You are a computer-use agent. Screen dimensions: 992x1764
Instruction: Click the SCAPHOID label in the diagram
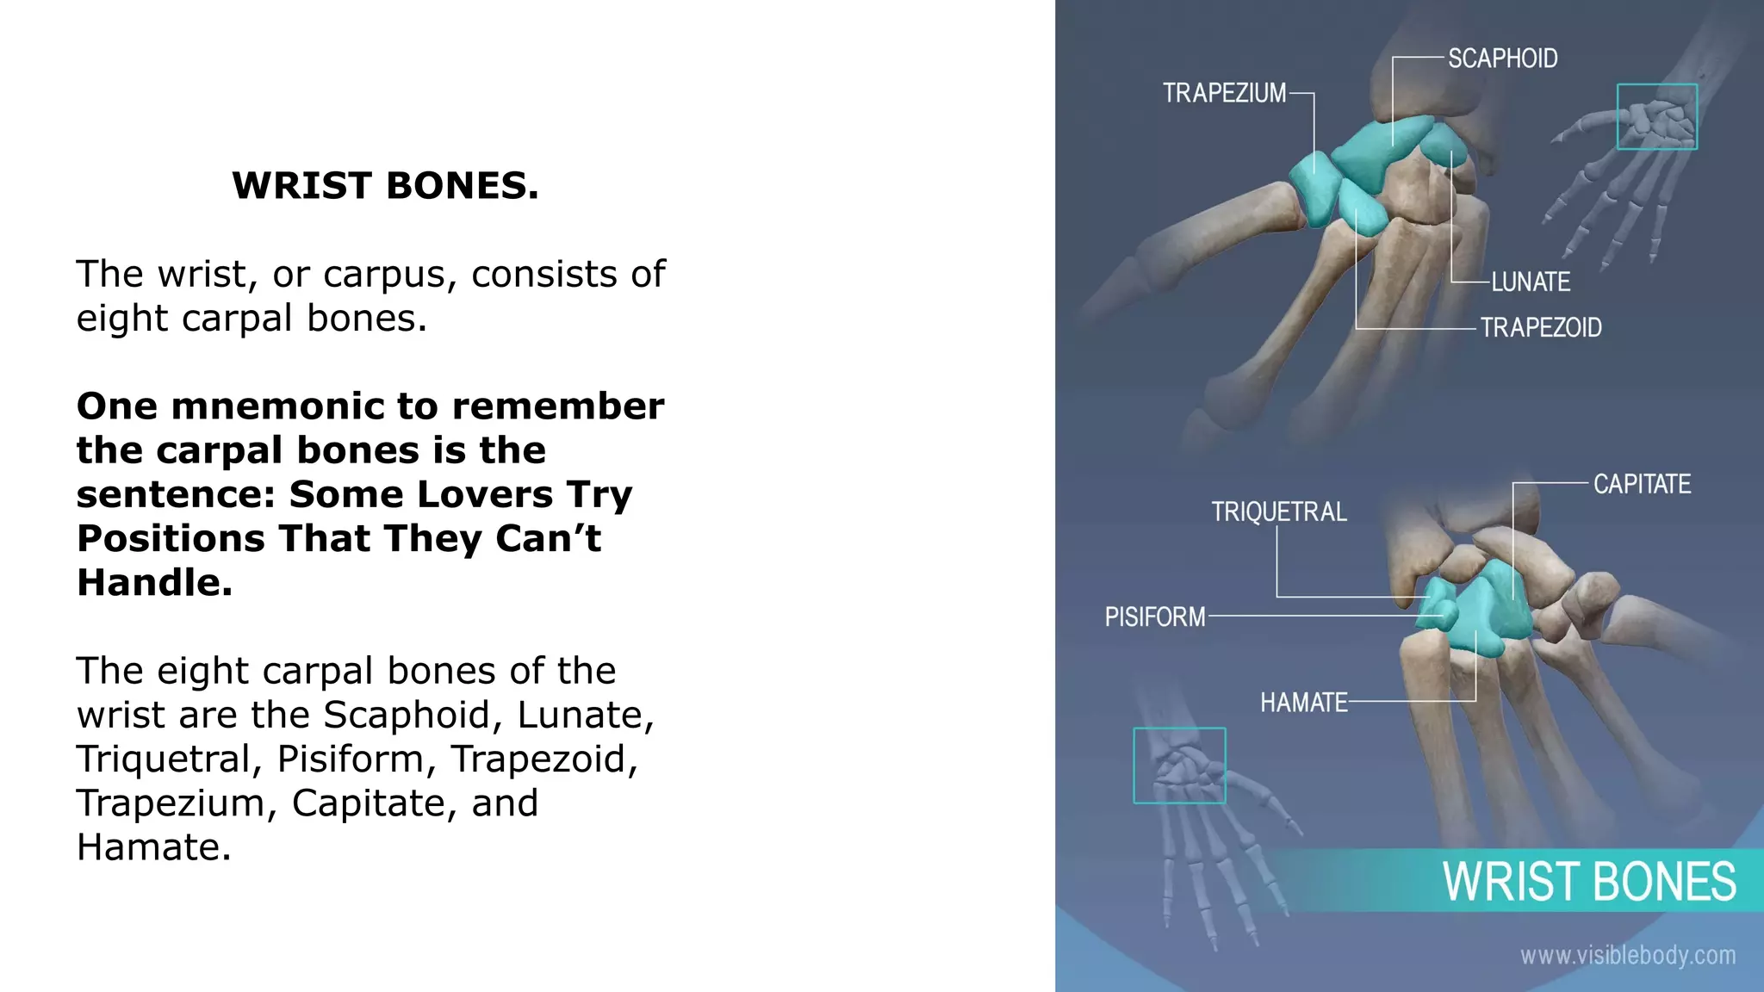1502,59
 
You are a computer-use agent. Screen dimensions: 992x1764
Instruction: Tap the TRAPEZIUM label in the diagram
1224,93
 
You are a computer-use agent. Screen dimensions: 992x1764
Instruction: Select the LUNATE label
1531,282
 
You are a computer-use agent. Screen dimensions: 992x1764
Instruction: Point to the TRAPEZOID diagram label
1541,328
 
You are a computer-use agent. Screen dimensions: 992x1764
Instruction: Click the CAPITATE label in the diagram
1642,484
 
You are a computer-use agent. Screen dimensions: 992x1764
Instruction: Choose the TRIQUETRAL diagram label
1279,512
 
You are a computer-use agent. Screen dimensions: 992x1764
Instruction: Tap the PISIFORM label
1155,617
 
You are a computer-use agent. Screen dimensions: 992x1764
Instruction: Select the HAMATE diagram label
1304,703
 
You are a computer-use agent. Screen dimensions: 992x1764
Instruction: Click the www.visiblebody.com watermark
1627,955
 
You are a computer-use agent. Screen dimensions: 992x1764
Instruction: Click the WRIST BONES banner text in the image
1589,882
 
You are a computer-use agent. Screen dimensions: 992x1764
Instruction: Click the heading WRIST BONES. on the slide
385,185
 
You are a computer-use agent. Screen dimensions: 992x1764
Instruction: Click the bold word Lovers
485,494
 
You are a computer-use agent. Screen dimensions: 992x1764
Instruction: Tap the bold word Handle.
154,582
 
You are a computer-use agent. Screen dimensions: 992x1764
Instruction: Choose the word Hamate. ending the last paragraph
153,847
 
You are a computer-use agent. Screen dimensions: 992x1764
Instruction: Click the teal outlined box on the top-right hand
1656,117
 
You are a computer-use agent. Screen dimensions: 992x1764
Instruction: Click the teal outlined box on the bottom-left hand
1179,766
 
